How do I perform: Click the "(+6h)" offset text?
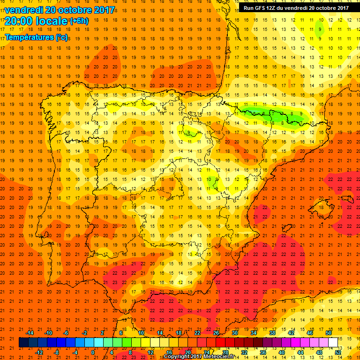pos(78,21)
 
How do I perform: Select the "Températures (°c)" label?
pos(36,37)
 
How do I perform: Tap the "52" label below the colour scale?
pos(338,352)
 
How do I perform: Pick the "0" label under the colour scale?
pos(93,352)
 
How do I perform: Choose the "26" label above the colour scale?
pos(216,333)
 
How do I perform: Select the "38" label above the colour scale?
pos(272,333)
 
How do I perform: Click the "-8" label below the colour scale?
pos(56,352)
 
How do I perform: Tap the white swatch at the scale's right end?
pos(333,343)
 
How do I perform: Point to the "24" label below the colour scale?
pos(206,352)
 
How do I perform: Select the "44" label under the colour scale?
pos(300,352)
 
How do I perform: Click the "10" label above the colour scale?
pos(141,333)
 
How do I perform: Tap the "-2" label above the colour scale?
pos(84,333)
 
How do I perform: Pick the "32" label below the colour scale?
pos(244,352)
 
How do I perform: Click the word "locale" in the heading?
pos(53,20)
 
